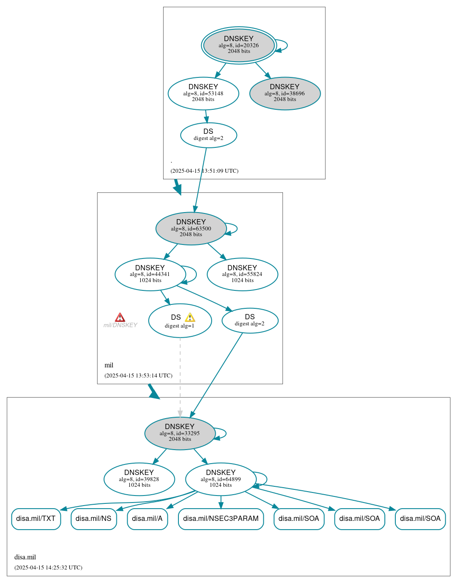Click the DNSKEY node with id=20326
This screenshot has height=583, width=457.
pos(239,45)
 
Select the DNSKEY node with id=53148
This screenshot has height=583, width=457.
pos(203,93)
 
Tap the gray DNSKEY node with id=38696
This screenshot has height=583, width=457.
pos(285,93)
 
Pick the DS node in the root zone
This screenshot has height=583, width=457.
pos(209,135)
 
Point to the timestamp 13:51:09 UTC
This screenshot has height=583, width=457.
pos(204,171)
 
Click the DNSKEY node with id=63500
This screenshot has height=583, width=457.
pos(191,228)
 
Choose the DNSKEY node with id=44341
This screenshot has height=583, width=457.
pos(150,274)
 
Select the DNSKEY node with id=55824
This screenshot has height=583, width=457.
pos(242,274)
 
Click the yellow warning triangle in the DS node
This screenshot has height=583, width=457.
pos(190,318)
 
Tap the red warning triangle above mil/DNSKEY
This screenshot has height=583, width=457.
pos(120,318)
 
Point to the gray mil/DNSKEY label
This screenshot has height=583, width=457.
pos(120,325)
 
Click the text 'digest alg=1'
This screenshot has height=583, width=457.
pos(179,326)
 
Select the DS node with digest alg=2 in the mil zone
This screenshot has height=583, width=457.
pos(250,321)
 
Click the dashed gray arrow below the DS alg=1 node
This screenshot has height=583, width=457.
pos(180,376)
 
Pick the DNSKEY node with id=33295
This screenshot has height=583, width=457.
pos(180,433)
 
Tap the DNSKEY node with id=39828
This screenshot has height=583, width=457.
pos(139,479)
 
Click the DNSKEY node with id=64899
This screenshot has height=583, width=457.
pos(221,479)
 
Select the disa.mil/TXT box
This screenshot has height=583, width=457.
pos(36,519)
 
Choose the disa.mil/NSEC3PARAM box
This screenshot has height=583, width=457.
pos(221,519)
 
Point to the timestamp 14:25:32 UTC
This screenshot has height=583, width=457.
pos(48,568)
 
